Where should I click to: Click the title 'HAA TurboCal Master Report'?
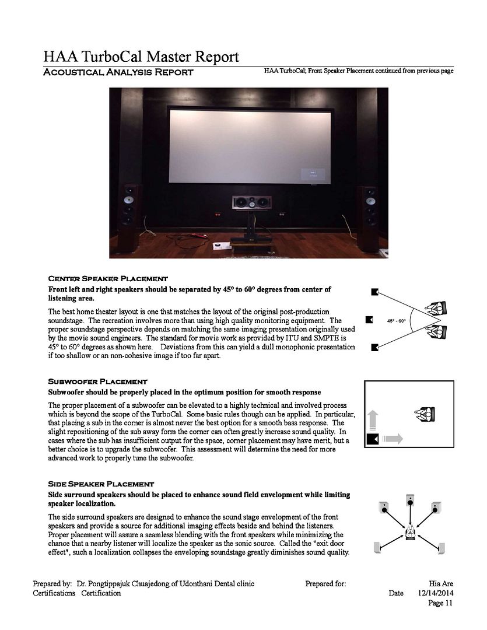pos(141,57)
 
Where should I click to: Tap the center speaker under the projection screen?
pos(251,204)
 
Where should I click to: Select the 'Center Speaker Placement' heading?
pos(108,279)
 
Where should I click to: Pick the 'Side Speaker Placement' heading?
pos(101,484)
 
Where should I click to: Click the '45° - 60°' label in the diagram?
pos(397,321)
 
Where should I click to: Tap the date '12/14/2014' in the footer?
pos(436,593)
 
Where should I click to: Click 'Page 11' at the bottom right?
pos(440,603)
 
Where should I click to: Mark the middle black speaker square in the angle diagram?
pos(369,320)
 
